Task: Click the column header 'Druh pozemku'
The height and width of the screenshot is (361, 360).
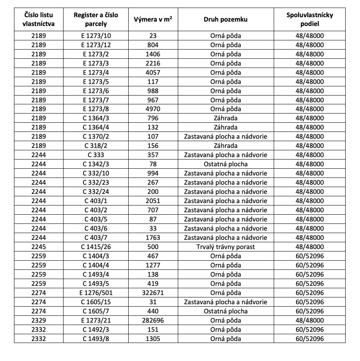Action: (x=225, y=19)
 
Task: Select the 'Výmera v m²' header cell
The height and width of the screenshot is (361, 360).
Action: (x=153, y=19)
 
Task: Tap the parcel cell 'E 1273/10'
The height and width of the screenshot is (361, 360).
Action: (x=96, y=36)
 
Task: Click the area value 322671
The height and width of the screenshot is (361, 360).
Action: (x=153, y=293)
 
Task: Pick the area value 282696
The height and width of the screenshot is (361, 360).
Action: (x=153, y=321)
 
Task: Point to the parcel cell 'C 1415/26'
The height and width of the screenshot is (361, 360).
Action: (x=96, y=247)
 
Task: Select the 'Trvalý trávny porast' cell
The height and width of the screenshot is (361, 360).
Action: (x=225, y=247)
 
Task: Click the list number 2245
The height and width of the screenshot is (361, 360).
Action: (x=39, y=247)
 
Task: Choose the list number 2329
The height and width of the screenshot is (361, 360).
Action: (x=39, y=321)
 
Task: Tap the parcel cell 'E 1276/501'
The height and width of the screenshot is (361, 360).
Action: (x=96, y=293)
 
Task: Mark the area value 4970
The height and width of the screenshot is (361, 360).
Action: (x=153, y=109)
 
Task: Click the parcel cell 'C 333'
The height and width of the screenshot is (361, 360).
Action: (x=96, y=155)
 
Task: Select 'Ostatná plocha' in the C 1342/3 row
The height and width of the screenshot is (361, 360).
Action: (x=225, y=164)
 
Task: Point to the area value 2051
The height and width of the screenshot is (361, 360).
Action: (x=153, y=201)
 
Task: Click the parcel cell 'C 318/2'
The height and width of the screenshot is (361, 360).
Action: (x=96, y=146)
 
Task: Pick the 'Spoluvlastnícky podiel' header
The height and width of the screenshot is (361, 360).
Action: (x=310, y=19)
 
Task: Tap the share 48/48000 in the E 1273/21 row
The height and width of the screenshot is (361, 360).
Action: (x=310, y=321)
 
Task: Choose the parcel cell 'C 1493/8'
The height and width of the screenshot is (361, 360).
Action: (x=96, y=339)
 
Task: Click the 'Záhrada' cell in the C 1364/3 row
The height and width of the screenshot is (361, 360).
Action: (x=225, y=118)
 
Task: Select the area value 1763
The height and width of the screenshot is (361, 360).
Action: (x=153, y=238)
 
